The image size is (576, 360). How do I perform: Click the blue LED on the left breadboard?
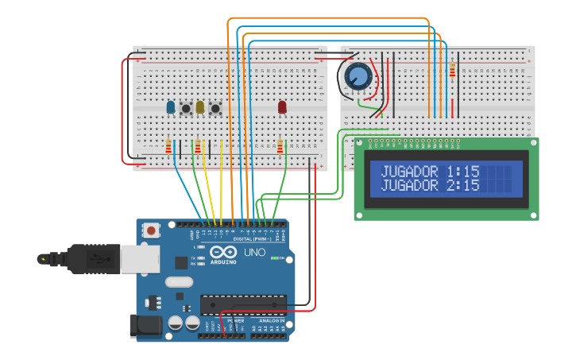(x=170, y=106)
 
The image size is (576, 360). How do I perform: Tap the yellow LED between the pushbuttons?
(x=200, y=106)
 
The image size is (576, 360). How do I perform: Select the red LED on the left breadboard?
(x=282, y=106)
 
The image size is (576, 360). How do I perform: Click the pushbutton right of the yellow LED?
(x=215, y=108)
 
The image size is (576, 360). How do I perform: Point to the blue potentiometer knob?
(x=358, y=77)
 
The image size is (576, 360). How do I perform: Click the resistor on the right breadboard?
(x=453, y=71)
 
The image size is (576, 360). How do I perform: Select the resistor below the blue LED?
(x=168, y=146)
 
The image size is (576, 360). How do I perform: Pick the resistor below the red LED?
(x=280, y=146)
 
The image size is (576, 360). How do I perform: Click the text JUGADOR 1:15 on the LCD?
(x=430, y=171)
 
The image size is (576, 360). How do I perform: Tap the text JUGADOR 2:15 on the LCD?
(x=430, y=185)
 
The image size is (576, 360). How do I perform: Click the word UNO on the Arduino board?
(x=254, y=253)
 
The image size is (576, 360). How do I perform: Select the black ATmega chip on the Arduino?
(x=243, y=304)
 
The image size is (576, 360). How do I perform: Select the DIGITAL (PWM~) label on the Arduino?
(x=252, y=238)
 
